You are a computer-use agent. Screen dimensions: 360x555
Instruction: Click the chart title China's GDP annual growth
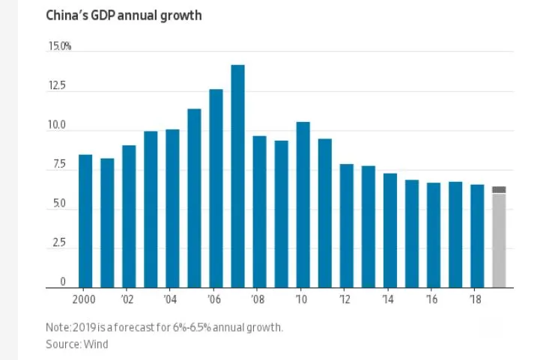(x=124, y=15)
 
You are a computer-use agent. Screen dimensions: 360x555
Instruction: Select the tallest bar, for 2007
(x=237, y=176)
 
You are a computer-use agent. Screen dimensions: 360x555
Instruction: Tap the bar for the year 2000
(x=85, y=221)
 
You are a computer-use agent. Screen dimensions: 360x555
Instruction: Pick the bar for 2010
(x=303, y=204)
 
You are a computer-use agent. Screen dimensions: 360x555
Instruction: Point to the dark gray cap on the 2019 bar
(x=499, y=190)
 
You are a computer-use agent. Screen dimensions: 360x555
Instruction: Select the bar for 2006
(x=216, y=188)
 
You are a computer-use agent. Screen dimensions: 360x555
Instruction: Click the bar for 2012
(x=346, y=225)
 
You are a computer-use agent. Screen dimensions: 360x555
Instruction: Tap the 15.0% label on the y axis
(x=59, y=46)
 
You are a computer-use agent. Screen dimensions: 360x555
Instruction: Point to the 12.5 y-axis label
(x=58, y=87)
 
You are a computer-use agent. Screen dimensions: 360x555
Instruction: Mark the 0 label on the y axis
(x=63, y=282)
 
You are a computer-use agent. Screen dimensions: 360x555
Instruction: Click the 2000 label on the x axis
(x=85, y=299)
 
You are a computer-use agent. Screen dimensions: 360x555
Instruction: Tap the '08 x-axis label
(x=259, y=299)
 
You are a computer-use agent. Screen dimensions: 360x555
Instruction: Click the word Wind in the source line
(x=97, y=344)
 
